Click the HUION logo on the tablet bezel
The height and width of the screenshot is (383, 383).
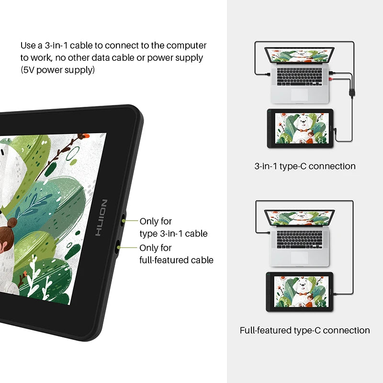coord(101,218)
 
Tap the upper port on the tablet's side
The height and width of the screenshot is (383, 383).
coord(123,220)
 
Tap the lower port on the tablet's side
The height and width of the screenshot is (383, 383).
coord(118,247)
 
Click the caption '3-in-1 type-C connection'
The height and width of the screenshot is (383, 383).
coord(305,166)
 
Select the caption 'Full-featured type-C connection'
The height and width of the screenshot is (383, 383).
coord(304,330)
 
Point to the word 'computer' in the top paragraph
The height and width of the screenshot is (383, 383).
coord(186,45)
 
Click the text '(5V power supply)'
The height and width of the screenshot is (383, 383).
coord(57,70)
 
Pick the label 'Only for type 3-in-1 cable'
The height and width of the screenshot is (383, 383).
coord(173,227)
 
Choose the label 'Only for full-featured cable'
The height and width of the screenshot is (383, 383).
coord(176,254)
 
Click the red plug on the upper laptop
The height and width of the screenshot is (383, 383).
coord(331,79)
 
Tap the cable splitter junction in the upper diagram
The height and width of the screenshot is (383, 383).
coord(351,93)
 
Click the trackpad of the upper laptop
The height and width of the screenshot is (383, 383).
coord(300,94)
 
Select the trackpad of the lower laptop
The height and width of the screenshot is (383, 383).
coord(300,257)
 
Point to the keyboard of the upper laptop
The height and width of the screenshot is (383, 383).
coord(300,77)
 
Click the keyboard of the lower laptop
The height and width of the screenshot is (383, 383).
coord(300,239)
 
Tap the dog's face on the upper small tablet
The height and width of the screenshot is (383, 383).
coord(303,122)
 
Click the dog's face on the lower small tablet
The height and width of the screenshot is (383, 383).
coord(302,285)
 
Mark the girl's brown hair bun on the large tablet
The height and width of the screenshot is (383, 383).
coord(11,223)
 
